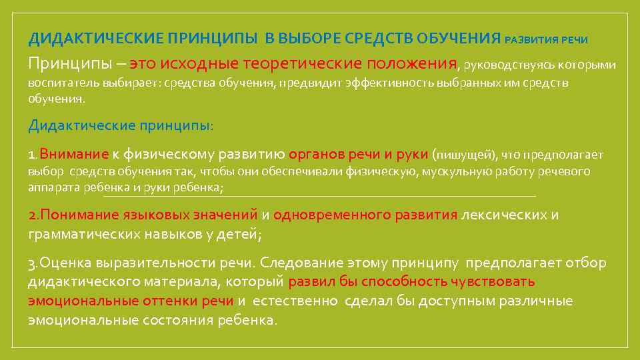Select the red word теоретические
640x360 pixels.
pos(313,64)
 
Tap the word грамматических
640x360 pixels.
pos(84,234)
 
